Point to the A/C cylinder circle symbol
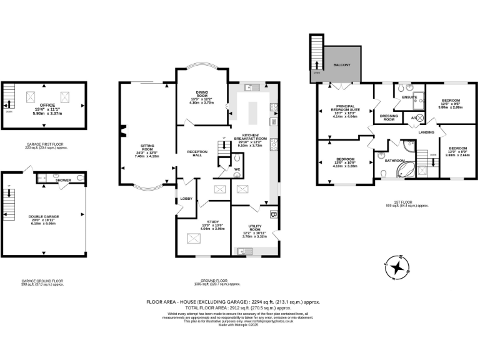420,118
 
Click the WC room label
236,169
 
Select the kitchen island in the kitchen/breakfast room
253,112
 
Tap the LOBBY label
186,199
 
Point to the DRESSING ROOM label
389,117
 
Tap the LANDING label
426,132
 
